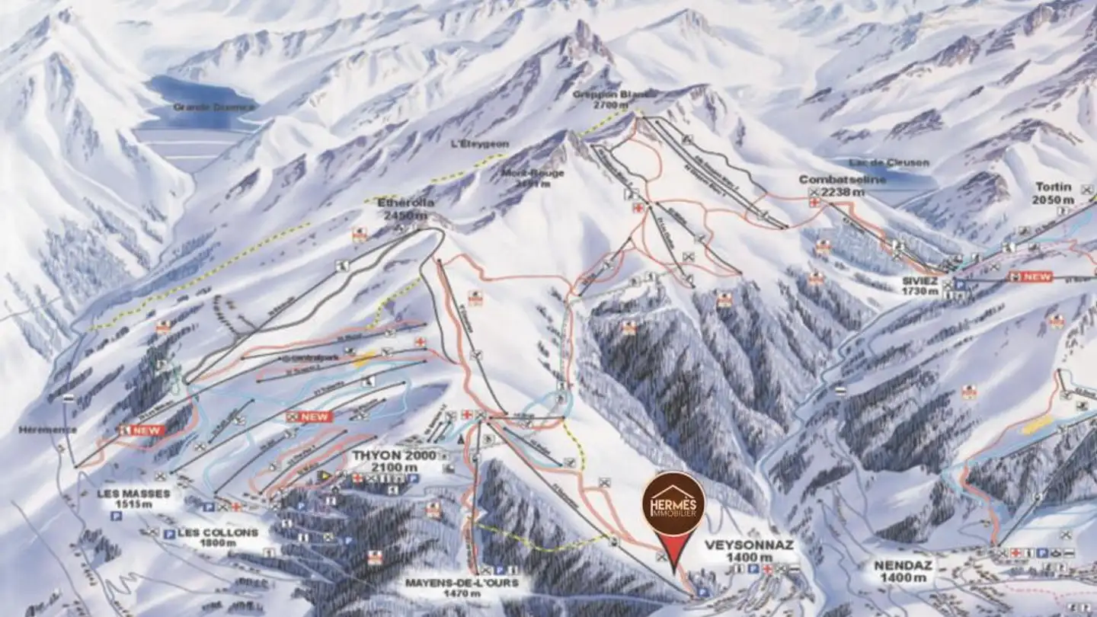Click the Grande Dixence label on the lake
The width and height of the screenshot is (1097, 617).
[x=203, y=107]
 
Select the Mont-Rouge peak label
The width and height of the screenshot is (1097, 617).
[x=533, y=177]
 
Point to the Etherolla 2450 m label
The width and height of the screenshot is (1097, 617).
[x=405, y=209]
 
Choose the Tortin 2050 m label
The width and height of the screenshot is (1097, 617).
[x=1053, y=193]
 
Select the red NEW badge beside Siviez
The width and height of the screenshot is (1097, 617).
[x=1030, y=277]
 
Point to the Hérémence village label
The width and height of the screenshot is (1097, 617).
[x=48, y=430]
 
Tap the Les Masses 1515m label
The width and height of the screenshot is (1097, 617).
[x=133, y=498]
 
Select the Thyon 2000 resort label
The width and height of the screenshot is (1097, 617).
[x=395, y=460]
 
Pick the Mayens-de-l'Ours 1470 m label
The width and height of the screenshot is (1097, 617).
[x=462, y=587]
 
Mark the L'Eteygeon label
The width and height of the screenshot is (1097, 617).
[x=480, y=144]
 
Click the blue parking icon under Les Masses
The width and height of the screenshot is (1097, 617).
[x=117, y=516]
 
